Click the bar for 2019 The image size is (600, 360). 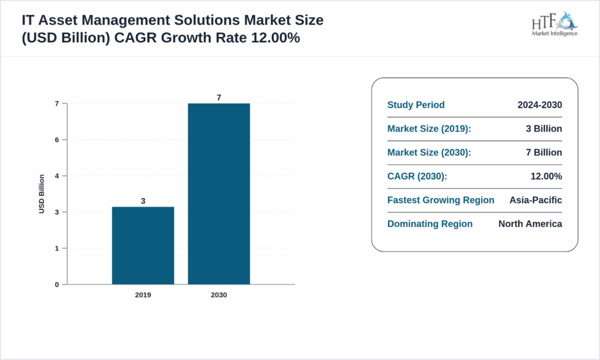tap(143, 246)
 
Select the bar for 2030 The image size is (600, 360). tap(219, 194)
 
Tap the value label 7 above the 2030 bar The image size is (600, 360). tap(219, 97)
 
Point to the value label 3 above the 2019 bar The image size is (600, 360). tap(143, 201)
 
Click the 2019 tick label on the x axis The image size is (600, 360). tap(143, 295)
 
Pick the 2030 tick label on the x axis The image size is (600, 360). tap(219, 295)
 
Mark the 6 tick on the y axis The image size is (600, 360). tap(57, 140)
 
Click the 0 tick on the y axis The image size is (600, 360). tap(57, 284)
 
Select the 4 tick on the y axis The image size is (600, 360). tap(57, 176)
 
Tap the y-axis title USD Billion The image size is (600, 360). tap(42, 194)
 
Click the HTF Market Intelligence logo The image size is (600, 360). tap(554, 24)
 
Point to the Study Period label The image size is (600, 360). tap(416, 105)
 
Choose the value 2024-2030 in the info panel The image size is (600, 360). tap(540, 105)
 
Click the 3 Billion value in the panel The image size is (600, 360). tap(544, 129)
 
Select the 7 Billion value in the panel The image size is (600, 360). tap(544, 152)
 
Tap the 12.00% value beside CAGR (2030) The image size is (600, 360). tap(546, 176)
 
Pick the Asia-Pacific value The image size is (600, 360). tap(536, 200)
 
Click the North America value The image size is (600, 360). tap(530, 224)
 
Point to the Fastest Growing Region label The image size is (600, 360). tap(441, 200)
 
